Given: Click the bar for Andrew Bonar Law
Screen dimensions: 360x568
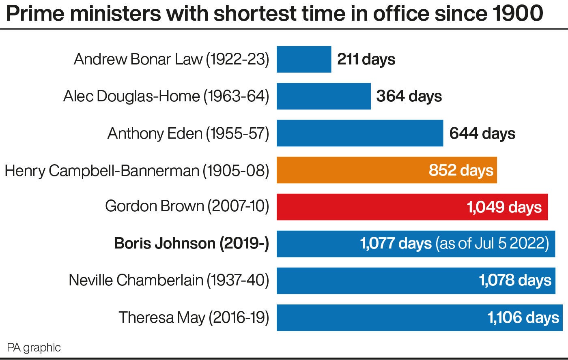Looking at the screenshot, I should pos(304,59).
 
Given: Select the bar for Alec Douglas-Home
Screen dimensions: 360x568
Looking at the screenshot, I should pos(323,96).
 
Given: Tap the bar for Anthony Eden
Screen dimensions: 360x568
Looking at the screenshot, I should pos(359,133).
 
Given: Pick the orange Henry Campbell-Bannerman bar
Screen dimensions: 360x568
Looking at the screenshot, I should pos(349,170).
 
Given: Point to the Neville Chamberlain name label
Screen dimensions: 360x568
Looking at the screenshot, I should pos(169,280).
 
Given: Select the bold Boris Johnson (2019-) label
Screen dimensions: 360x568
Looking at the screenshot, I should pos(191,243).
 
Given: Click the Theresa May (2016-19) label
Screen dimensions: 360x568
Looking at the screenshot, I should pos(194,317).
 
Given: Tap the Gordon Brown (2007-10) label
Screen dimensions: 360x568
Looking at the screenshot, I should pos(187,206).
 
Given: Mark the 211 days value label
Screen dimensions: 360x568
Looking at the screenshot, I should pos(366,60).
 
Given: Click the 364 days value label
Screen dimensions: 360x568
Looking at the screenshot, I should pos(409,96).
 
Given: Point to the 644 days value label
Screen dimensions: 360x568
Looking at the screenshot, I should pos(482,133).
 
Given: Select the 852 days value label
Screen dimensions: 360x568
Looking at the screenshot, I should pos(461,170).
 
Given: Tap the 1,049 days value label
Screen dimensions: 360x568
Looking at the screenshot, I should pos(504,207).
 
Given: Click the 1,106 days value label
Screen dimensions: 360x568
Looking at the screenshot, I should pos(523,317).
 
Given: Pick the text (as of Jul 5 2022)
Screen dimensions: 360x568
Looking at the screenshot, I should pos(492,244).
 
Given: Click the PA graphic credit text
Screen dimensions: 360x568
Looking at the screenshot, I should pos(34,347).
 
